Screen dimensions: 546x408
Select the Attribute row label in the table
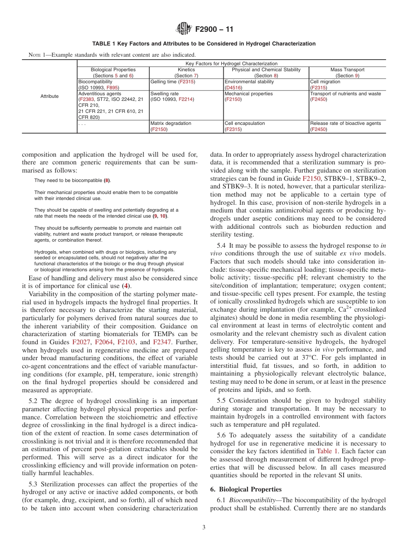[x=49, y=96]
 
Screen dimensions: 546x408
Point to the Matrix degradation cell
[x=171, y=123]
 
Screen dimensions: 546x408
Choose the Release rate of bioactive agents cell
[x=345, y=123]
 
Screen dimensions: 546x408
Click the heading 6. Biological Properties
[x=246, y=489]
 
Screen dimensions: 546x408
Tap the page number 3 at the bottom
[x=204, y=528]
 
